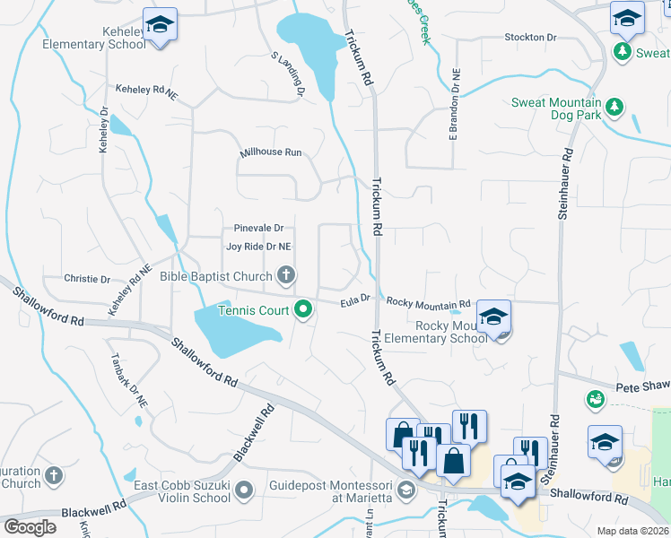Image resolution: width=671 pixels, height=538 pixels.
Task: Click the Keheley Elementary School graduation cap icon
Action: click(x=160, y=24)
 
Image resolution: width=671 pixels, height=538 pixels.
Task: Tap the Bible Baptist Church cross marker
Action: click(x=286, y=275)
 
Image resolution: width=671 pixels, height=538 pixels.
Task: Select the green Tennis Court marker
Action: click(x=303, y=310)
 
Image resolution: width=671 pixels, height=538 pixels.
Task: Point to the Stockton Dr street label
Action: click(x=531, y=37)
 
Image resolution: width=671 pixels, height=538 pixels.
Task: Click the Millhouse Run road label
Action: click(x=271, y=152)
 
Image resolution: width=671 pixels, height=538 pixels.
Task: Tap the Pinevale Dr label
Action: click(x=258, y=228)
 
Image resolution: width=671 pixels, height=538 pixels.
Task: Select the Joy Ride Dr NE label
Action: click(x=258, y=246)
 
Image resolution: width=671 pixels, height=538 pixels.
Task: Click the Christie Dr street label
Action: click(x=86, y=278)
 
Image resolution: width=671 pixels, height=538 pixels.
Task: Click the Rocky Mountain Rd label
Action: click(x=428, y=303)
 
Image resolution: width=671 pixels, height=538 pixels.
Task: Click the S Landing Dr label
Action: click(x=289, y=74)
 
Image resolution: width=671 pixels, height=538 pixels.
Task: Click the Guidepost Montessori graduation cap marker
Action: click(x=407, y=489)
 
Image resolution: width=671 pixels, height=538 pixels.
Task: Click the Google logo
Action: click(x=30, y=527)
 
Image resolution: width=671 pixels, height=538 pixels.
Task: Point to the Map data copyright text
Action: click(x=633, y=531)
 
